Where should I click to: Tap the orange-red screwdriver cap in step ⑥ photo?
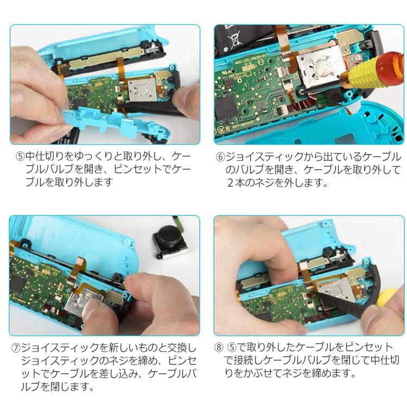pos(389,60)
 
